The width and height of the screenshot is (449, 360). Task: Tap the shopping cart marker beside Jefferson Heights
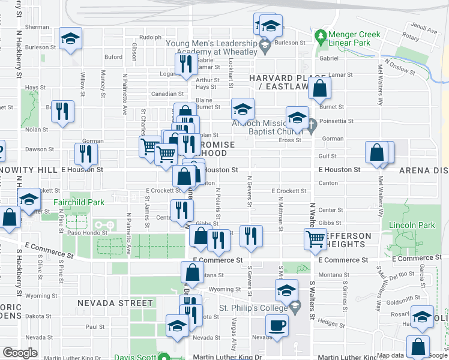[316, 239]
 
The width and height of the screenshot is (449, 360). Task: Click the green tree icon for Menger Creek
[322, 38]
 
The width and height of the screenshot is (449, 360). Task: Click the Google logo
[20, 353]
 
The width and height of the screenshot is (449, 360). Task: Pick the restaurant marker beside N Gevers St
[251, 236]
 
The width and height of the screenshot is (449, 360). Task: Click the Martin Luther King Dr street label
[231, 357]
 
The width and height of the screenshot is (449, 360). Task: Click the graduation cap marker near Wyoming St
[287, 290]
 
